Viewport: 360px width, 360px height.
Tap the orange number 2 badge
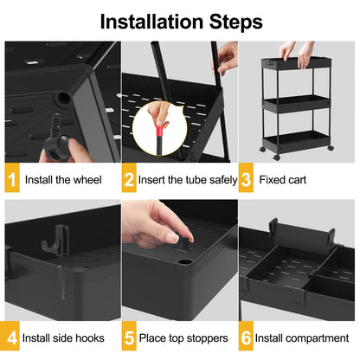coord(130,180)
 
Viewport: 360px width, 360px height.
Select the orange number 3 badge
coord(246,180)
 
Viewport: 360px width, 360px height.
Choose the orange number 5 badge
coord(130,337)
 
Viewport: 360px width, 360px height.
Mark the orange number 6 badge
coord(246,337)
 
